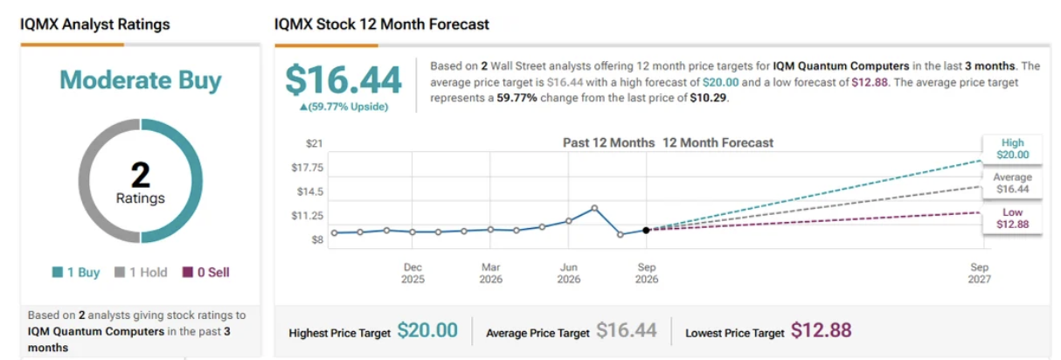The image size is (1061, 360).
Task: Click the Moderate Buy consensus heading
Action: (x=140, y=80)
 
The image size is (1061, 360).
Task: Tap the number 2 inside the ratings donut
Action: (x=141, y=176)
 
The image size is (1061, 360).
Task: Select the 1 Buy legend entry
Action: (x=76, y=273)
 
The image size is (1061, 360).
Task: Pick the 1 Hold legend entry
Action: (x=142, y=273)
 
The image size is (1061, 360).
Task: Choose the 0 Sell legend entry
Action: (x=206, y=273)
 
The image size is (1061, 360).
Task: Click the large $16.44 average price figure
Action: (x=343, y=80)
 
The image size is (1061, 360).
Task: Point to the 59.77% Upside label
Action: (x=343, y=107)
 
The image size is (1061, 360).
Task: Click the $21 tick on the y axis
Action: (x=314, y=143)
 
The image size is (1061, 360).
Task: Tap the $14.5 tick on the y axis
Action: (x=309, y=191)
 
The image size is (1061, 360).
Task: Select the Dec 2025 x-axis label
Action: (x=413, y=273)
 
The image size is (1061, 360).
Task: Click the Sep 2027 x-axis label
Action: (x=979, y=273)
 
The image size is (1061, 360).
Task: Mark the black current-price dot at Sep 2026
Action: (x=646, y=230)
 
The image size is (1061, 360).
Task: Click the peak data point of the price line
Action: (x=594, y=208)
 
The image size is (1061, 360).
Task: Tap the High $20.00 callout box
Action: (x=1012, y=149)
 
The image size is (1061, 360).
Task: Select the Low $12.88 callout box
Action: (x=1012, y=218)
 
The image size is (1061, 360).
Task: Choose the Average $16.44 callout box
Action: (x=1012, y=183)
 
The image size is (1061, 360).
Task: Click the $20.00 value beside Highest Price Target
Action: (x=427, y=330)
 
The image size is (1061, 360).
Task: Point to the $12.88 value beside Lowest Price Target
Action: (x=822, y=330)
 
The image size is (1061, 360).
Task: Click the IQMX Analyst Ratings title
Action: (x=94, y=24)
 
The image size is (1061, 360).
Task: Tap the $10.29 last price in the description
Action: (x=709, y=98)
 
